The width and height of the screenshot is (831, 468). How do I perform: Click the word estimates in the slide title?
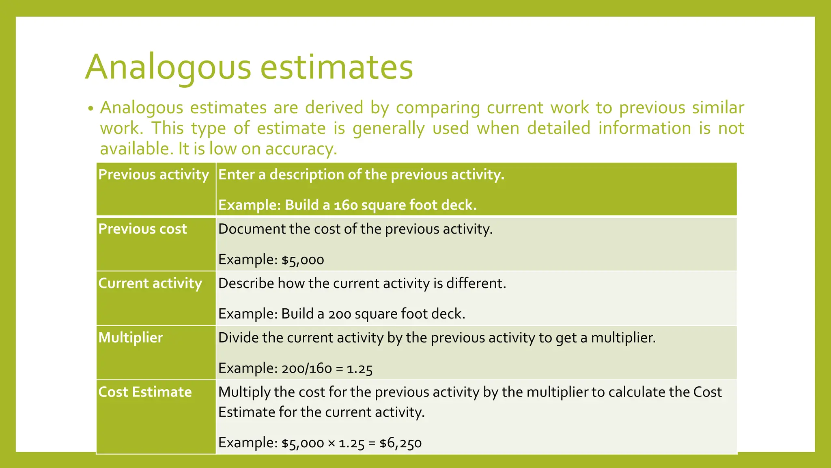(336, 67)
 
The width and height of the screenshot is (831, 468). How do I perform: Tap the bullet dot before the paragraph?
(90, 109)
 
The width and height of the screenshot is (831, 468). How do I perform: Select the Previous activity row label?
(153, 175)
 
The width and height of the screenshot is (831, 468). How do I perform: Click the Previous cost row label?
(142, 229)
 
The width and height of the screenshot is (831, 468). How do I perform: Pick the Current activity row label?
(150, 284)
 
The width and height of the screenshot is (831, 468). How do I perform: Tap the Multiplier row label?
(131, 338)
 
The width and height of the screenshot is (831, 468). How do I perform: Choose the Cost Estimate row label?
(145, 392)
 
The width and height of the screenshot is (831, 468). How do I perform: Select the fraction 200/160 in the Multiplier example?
(306, 369)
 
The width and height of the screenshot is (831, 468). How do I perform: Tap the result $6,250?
(400, 443)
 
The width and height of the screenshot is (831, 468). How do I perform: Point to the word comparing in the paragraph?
(438, 108)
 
